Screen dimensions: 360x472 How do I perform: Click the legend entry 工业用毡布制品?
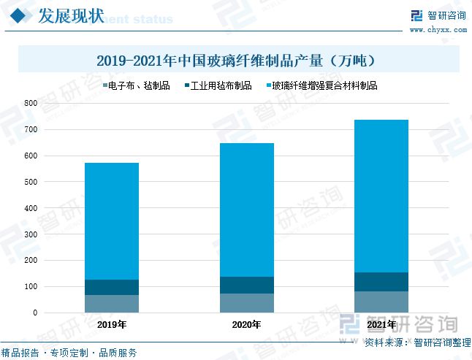[x=218, y=85]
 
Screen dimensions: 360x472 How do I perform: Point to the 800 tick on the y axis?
[x=30, y=104]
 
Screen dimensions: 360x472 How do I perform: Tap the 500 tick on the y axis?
[x=30, y=182]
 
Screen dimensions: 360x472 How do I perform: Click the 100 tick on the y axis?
[x=30, y=287]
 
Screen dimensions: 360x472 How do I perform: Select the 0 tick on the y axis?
[x=34, y=313]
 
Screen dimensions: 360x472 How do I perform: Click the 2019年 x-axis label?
[x=112, y=325]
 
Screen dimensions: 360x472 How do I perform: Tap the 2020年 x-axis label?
[x=246, y=325]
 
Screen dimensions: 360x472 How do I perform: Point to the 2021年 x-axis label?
[x=381, y=325]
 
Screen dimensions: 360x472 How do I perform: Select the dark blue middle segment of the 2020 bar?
[x=246, y=285]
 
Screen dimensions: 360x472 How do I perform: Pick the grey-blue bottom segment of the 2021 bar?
[x=381, y=302]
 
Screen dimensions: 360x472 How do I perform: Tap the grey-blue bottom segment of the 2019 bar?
[x=112, y=304]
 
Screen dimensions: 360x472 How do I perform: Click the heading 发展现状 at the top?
[x=70, y=16]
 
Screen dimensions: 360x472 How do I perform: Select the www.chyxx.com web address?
[x=438, y=30]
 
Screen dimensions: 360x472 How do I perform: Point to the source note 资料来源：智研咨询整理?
[x=417, y=342]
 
